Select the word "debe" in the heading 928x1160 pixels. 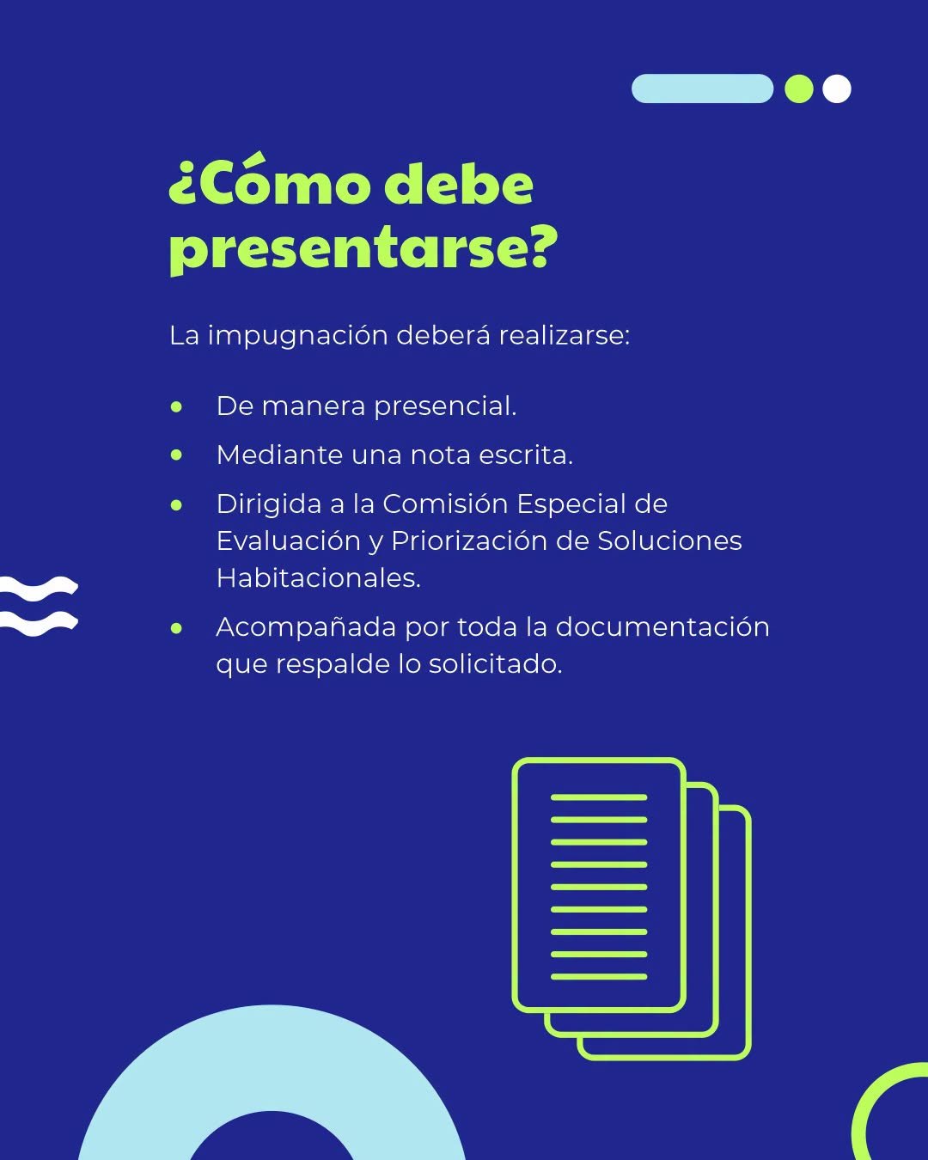pyautogui.click(x=459, y=184)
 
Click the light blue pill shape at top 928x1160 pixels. pyautogui.click(x=702, y=89)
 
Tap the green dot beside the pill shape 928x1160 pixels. pyautogui.click(x=798, y=89)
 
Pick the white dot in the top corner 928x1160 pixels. pyautogui.click(x=837, y=89)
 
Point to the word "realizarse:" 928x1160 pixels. pyautogui.click(x=564, y=335)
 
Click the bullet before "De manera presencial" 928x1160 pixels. pyautogui.click(x=176, y=407)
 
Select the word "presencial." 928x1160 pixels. pyautogui.click(x=445, y=407)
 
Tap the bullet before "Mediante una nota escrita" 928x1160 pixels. pyautogui.click(x=176, y=455)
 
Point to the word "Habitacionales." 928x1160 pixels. pyautogui.click(x=318, y=577)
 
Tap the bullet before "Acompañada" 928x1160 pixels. pyautogui.click(x=176, y=628)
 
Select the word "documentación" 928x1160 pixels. pyautogui.click(x=662, y=627)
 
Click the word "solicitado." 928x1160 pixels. pyautogui.click(x=496, y=663)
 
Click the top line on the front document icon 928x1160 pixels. pyautogui.click(x=599, y=797)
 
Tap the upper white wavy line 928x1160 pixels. pyautogui.click(x=38, y=586)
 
